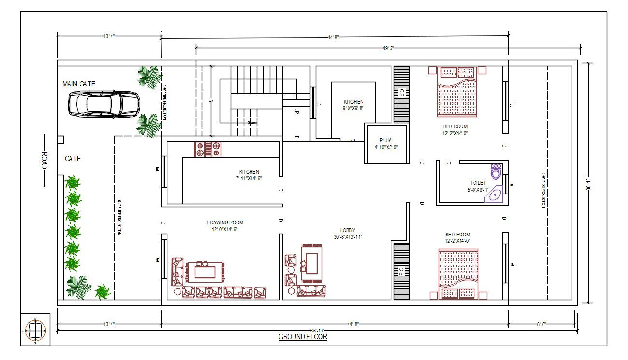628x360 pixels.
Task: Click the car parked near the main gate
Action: click(x=104, y=104)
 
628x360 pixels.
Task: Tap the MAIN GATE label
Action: click(x=79, y=84)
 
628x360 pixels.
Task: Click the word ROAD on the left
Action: click(x=44, y=160)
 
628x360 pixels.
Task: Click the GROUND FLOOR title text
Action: click(x=303, y=337)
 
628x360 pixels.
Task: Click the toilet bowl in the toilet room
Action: click(x=496, y=171)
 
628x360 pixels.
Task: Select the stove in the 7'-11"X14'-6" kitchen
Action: click(x=208, y=149)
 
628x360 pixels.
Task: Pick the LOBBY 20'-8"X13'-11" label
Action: click(x=348, y=234)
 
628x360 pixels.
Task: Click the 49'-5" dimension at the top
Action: click(x=389, y=48)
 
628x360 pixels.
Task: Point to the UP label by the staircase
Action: click(x=297, y=111)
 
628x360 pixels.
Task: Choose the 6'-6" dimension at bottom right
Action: click(x=542, y=324)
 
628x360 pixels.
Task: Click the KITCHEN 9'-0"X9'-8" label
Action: click(x=353, y=105)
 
